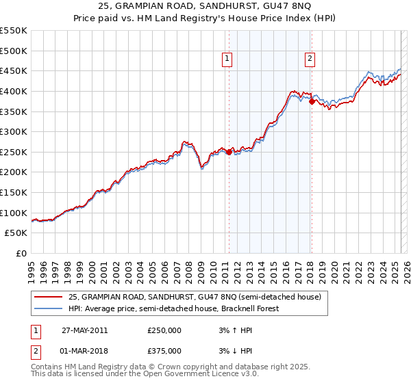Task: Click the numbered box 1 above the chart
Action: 227,60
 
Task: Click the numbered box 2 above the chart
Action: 310,60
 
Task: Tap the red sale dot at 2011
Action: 229,151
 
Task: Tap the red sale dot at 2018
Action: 312,101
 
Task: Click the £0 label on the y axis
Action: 22,253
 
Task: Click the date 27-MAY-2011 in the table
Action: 84,330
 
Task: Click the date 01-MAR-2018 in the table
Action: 84,351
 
